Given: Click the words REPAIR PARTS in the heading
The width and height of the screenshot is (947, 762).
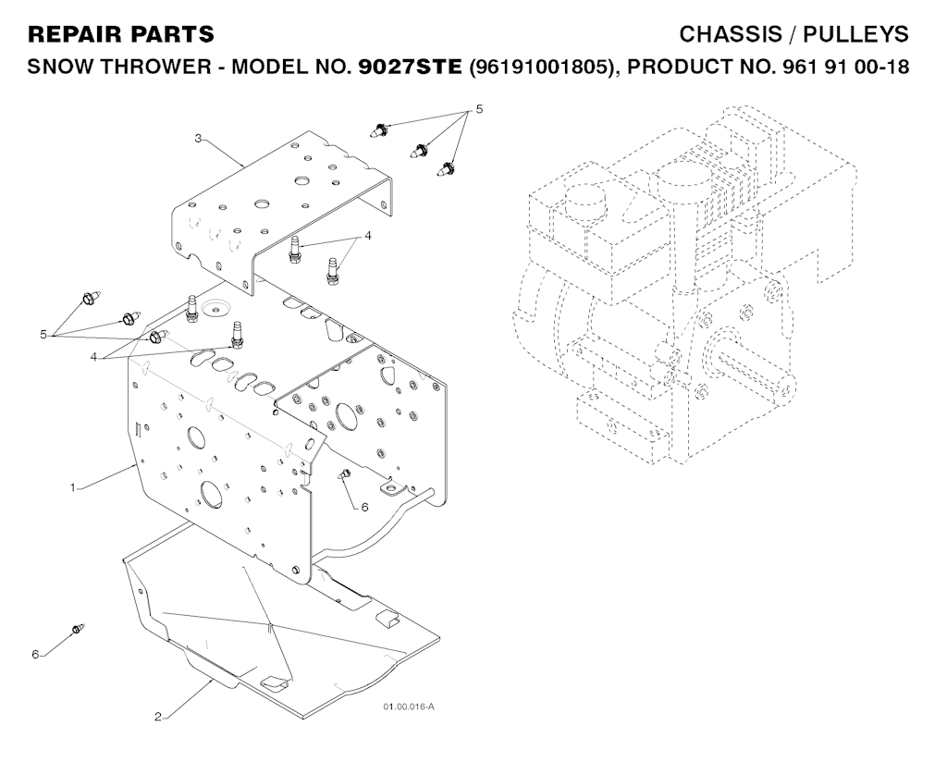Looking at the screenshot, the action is pyautogui.click(x=121, y=34).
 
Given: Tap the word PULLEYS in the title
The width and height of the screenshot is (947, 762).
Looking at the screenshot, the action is pyautogui.click(x=855, y=34).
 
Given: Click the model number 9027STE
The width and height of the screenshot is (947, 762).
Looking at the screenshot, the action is pyautogui.click(x=410, y=67).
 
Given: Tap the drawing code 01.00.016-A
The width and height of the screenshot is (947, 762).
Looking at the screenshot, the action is pyautogui.click(x=408, y=707).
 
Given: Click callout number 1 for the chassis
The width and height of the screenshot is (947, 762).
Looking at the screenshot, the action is pyautogui.click(x=73, y=487).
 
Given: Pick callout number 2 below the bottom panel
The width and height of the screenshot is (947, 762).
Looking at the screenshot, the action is pyautogui.click(x=158, y=717).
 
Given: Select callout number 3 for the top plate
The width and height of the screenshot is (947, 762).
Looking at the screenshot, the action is pyautogui.click(x=198, y=139).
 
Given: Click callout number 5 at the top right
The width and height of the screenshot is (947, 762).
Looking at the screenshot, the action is pyautogui.click(x=479, y=109).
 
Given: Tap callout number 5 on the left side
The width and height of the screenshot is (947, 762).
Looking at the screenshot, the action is pyautogui.click(x=43, y=334).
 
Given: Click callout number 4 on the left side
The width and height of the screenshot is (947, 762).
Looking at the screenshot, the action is pyautogui.click(x=93, y=357).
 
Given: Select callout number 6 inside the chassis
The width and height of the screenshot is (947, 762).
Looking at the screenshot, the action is pyautogui.click(x=364, y=508).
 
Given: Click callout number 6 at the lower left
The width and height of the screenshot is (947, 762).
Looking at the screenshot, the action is pyautogui.click(x=35, y=654).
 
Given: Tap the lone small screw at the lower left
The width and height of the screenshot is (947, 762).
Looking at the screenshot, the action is pyautogui.click(x=78, y=629).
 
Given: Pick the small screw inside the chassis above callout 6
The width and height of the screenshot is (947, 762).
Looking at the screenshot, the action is pyautogui.click(x=344, y=474).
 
